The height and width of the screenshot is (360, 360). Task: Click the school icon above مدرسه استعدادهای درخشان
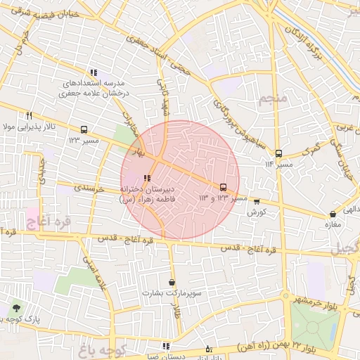[x=94, y=73]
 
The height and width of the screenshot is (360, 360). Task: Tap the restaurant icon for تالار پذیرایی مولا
[x=29, y=116]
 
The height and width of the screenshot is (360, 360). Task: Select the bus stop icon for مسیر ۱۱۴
[x=278, y=153]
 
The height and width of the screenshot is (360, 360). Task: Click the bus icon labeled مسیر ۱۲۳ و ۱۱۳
[x=224, y=187]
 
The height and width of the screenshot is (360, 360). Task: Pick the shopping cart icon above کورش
[x=256, y=201]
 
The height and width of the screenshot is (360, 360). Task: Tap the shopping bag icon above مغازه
[x=333, y=214]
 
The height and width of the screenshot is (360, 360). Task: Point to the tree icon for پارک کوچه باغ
[x=16, y=308]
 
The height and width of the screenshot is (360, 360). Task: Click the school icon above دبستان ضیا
[x=166, y=346]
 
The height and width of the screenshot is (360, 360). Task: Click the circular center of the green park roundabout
[x=314, y=328]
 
